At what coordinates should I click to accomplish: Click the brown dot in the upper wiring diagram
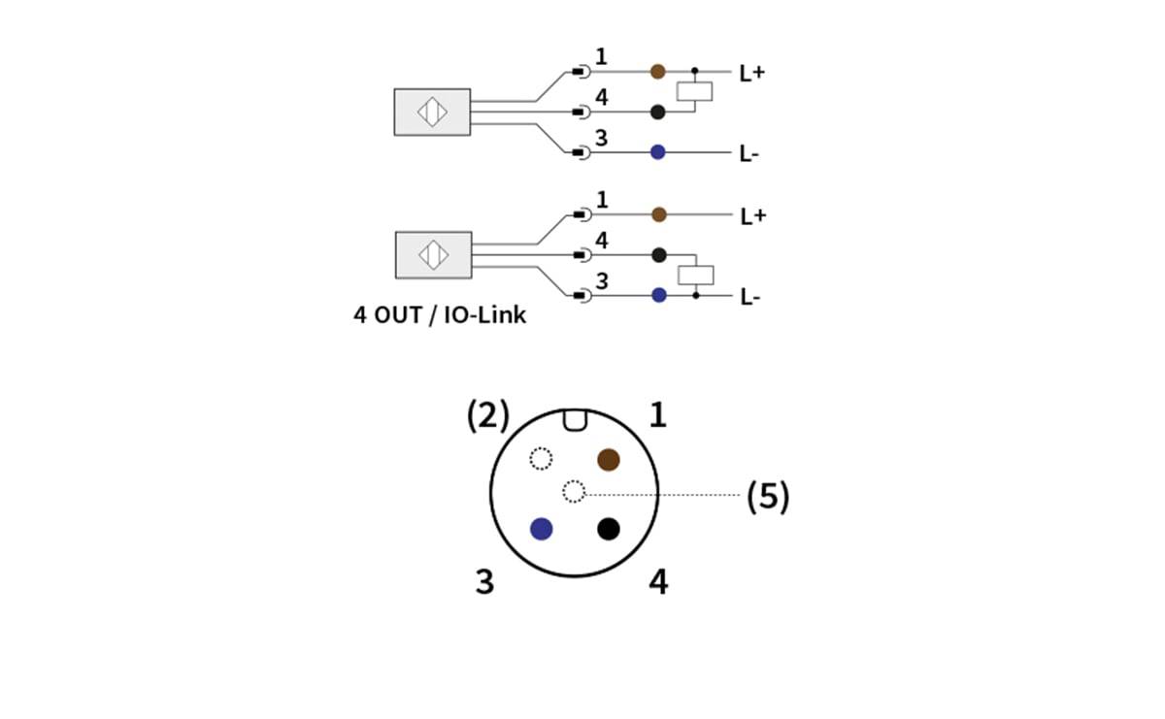coord(657,71)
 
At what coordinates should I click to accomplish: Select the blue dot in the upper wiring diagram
coord(657,152)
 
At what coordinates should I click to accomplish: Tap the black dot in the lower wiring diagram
coord(659,255)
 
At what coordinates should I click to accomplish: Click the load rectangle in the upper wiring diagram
coord(695,91)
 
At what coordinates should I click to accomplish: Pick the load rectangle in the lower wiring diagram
coord(696,275)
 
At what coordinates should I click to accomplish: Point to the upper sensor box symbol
coord(432,112)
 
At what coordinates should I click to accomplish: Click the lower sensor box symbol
coord(432,255)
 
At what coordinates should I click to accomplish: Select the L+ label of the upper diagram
coord(752,73)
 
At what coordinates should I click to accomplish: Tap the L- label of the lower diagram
coord(749,297)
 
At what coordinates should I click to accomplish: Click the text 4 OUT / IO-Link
coord(439,315)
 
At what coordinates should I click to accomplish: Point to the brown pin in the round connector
coord(609,459)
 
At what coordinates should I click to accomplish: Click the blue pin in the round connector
coord(542,529)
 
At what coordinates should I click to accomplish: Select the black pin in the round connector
coord(609,529)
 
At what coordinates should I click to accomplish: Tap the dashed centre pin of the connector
coord(574,492)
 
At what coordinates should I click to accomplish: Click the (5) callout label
coord(767,497)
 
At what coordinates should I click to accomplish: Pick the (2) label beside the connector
coord(487,415)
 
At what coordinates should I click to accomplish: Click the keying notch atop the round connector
coord(574,419)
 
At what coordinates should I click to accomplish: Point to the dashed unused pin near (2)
coord(541,458)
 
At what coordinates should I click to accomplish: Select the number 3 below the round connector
coord(484,582)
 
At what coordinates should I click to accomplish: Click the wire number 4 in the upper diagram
coord(602,97)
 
